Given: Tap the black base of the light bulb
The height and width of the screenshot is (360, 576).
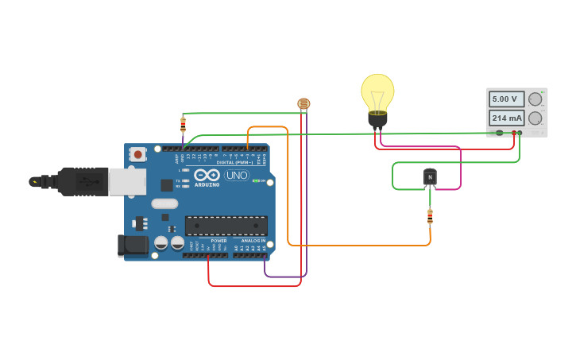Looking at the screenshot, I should (x=377, y=120).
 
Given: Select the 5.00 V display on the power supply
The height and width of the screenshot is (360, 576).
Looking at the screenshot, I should (x=505, y=99).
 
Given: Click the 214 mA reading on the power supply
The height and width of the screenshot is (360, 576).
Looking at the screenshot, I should (x=505, y=118).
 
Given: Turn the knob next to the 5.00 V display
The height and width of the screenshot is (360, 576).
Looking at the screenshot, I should (x=535, y=99).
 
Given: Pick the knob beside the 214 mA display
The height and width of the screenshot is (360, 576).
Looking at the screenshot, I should (x=535, y=118).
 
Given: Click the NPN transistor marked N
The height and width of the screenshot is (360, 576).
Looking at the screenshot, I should (x=430, y=177).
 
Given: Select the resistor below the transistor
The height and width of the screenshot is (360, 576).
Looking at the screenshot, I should (x=430, y=216).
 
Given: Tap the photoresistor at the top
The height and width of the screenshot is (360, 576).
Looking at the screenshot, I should (x=303, y=104).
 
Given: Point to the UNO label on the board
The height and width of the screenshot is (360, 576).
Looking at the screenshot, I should (x=237, y=175).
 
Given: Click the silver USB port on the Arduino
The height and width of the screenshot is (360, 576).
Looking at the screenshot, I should (x=127, y=181).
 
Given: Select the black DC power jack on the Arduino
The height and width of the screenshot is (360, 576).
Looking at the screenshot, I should (x=133, y=246).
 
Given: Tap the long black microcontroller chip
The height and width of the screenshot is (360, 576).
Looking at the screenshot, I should (x=226, y=226).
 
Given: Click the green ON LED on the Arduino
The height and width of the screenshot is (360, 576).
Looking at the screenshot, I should (x=255, y=181).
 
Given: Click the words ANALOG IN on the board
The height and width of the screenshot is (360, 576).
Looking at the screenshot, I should (x=253, y=240).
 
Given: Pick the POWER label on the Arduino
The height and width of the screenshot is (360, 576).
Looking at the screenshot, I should (x=218, y=240).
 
